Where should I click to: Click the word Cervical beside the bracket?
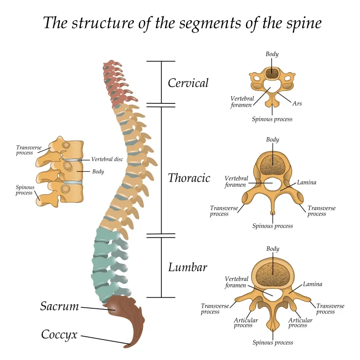click(188, 83)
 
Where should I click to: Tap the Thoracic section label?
click(189, 178)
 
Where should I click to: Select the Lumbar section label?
click(187, 268)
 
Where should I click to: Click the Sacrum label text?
click(59, 306)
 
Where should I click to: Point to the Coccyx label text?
click(59, 335)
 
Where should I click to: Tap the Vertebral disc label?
click(107, 159)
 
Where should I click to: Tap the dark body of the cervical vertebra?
click(272, 74)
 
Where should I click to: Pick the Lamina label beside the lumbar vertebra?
click(312, 284)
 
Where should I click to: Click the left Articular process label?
click(246, 323)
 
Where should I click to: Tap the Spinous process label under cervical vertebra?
click(272, 119)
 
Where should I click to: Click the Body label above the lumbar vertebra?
click(272, 248)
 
